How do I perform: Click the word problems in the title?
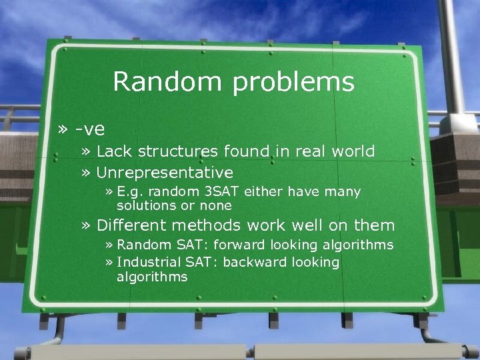point(293,83)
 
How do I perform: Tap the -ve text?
point(90,127)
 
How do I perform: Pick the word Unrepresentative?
point(165,173)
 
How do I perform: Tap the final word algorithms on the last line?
point(152,277)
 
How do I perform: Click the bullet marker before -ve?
point(63,127)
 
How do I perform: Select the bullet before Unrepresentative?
point(86,173)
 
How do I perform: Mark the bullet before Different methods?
point(86,225)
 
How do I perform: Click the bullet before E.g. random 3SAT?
point(109,192)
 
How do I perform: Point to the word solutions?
point(146,205)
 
